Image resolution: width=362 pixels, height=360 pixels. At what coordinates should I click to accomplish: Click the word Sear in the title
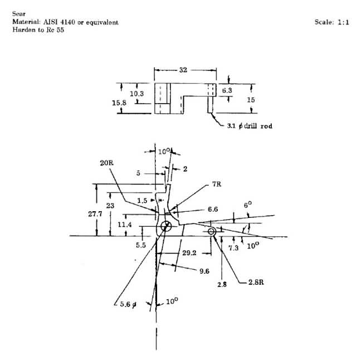[x=19, y=14]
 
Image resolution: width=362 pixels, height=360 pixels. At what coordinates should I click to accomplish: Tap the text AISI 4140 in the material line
[x=59, y=22]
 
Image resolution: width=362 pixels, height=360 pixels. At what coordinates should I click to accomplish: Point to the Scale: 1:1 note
[x=332, y=22]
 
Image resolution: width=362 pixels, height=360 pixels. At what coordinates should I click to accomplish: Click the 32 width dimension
[x=183, y=70]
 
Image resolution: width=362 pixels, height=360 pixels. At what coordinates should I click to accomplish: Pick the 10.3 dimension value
[x=136, y=94]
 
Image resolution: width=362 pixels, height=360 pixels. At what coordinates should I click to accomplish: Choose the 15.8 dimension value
[x=119, y=103]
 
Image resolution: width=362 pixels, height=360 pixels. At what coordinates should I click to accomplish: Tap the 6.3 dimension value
[x=227, y=90]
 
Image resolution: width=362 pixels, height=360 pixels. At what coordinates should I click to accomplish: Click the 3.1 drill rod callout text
[x=250, y=126]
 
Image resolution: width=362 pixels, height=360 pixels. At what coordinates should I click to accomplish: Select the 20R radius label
[x=107, y=163]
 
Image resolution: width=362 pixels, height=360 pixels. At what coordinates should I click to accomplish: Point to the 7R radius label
[x=217, y=184]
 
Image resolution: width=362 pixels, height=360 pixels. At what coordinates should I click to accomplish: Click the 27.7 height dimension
[x=95, y=214]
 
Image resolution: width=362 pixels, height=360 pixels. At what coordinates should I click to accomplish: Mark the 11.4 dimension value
[x=125, y=225]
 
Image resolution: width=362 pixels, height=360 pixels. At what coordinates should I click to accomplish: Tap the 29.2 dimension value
[x=189, y=253]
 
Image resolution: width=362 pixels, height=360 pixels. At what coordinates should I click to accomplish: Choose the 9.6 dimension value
[x=204, y=271]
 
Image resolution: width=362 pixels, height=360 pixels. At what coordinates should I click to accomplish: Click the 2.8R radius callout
[x=256, y=282]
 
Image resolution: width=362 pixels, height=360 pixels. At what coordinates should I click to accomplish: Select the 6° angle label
[x=248, y=205]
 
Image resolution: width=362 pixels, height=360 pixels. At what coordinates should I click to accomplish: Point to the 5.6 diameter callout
[x=128, y=304]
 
